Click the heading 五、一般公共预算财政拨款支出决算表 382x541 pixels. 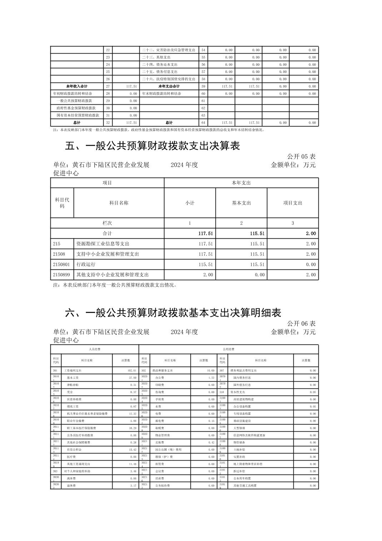(153, 146)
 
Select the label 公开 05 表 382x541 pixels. (301, 157)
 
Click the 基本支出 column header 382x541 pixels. (241, 203)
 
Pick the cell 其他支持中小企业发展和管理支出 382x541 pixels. (113, 275)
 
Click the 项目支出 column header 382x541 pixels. (293, 203)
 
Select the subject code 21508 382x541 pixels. (59, 254)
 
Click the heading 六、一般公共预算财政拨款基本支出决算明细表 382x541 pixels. (173, 313)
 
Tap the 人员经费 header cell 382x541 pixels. (94, 349)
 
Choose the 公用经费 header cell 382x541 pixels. (228, 349)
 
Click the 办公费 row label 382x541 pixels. (159, 378)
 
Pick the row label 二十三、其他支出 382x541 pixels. (156, 57)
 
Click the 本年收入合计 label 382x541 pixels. (77, 86)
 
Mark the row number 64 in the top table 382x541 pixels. (203, 123)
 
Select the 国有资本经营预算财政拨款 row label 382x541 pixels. (78, 115)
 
